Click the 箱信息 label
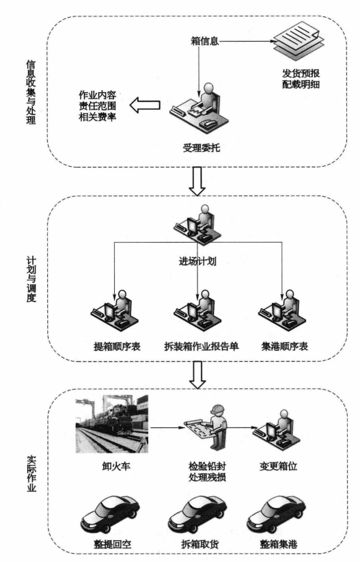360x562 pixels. click(204, 41)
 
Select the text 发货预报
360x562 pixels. click(301, 73)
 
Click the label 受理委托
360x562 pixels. click(202, 148)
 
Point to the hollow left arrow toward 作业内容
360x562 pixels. click(145, 105)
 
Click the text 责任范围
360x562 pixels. click(98, 106)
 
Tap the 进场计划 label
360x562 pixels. click(197, 261)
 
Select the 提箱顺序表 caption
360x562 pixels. click(117, 347)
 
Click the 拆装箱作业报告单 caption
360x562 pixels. click(202, 347)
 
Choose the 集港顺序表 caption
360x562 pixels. click(285, 347)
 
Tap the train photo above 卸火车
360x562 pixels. click(111, 424)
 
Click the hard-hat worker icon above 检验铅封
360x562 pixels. click(206, 429)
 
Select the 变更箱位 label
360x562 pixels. click(279, 466)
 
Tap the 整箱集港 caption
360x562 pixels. click(279, 544)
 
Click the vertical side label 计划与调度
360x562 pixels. click(31, 279)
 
